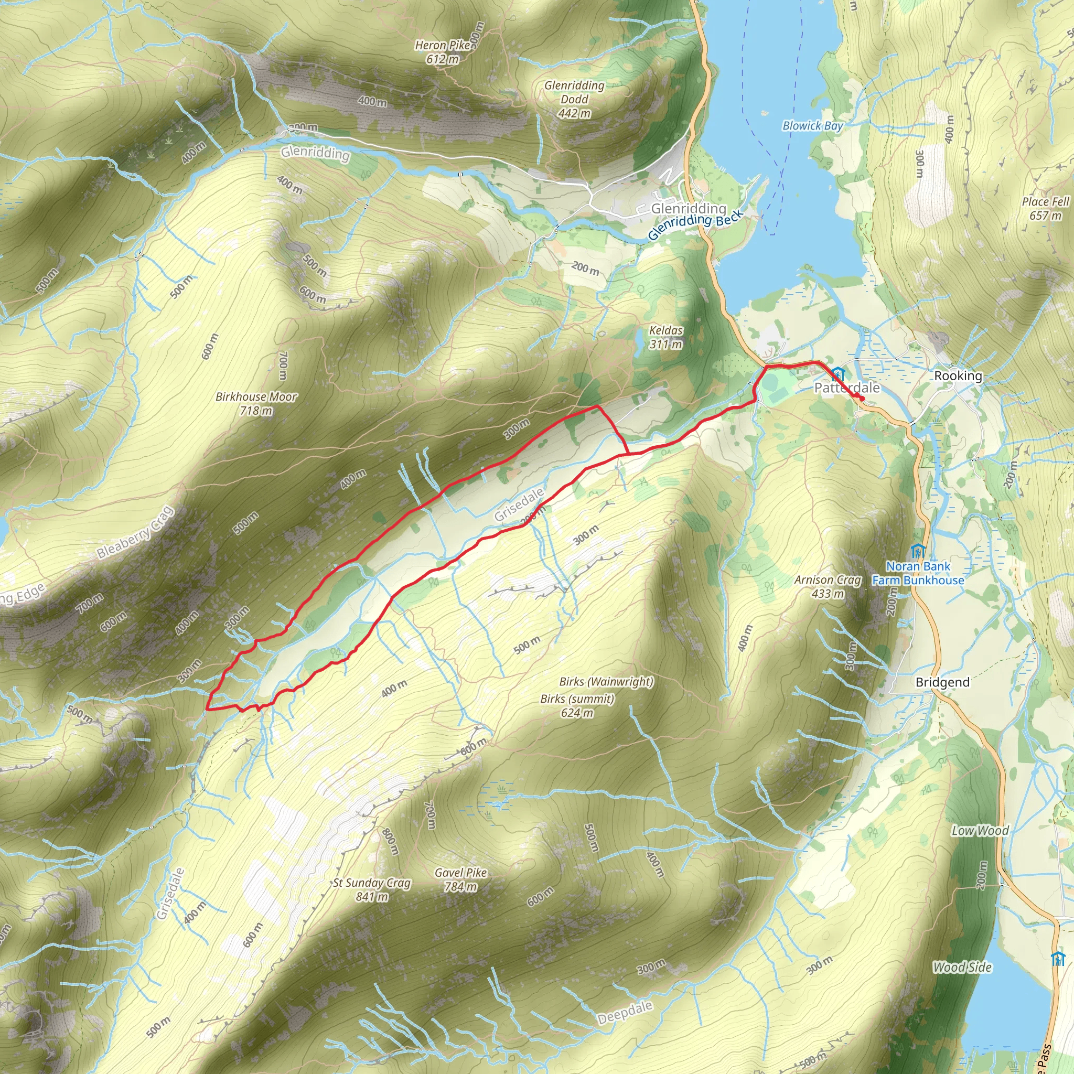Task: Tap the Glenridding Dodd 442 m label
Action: click(574, 99)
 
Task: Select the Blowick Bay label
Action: click(812, 126)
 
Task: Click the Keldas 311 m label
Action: click(666, 337)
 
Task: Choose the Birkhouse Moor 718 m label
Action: click(256, 404)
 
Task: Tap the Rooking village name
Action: click(958, 376)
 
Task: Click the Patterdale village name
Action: click(846, 388)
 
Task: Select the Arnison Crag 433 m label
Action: click(828, 586)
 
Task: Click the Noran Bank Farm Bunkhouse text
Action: click(918, 573)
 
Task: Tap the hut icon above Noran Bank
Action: click(918, 551)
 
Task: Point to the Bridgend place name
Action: click(942, 682)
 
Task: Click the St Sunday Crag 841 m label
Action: click(372, 889)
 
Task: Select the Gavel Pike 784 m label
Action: click(461, 879)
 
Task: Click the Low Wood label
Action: click(980, 831)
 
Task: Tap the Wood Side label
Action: click(962, 967)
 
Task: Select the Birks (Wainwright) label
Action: click(606, 682)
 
